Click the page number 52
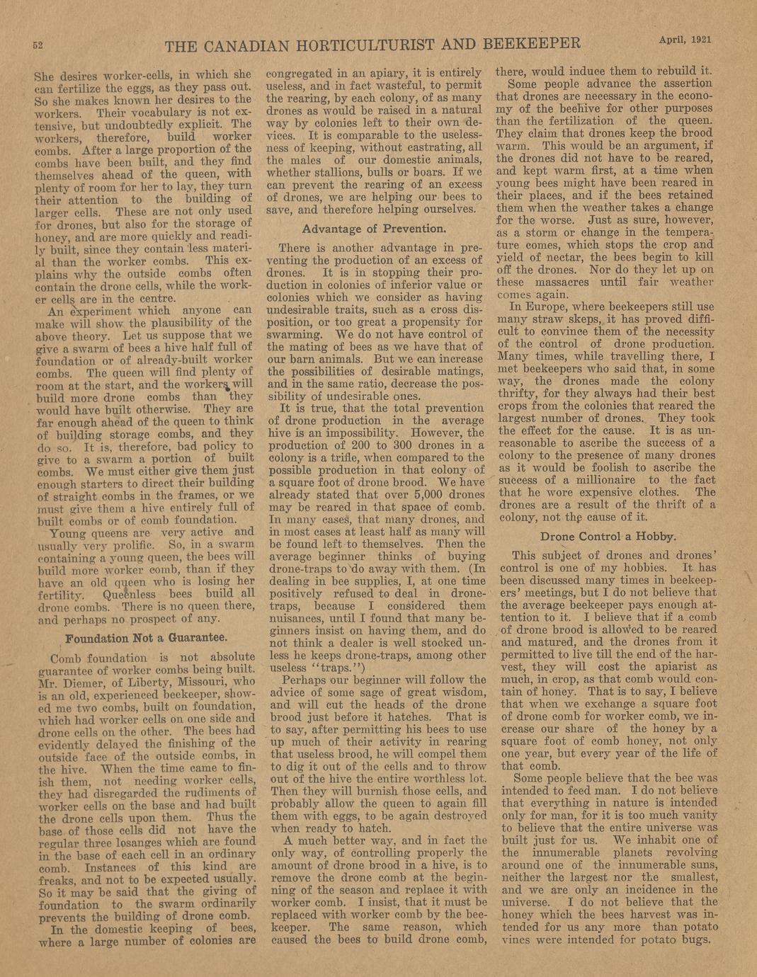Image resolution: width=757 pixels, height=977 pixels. tap(38, 45)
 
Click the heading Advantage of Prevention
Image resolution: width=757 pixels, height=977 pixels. tap(374, 229)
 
